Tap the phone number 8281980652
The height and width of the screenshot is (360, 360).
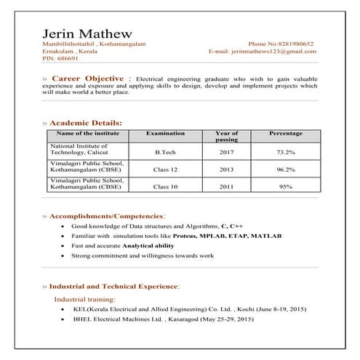click(296, 44)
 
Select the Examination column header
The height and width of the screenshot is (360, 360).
click(165, 134)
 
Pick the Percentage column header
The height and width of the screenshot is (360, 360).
click(285, 134)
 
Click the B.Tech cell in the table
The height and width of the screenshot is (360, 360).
click(165, 152)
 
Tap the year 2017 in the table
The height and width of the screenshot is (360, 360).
click(227, 152)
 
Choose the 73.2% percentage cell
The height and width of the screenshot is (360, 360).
click(285, 152)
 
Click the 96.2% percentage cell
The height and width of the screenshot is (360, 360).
click(285, 169)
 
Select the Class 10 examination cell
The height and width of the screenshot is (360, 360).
click(165, 187)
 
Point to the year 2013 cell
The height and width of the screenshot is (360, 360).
click(227, 169)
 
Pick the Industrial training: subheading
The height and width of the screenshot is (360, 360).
click(84, 299)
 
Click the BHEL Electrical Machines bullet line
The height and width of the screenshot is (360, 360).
click(163, 319)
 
